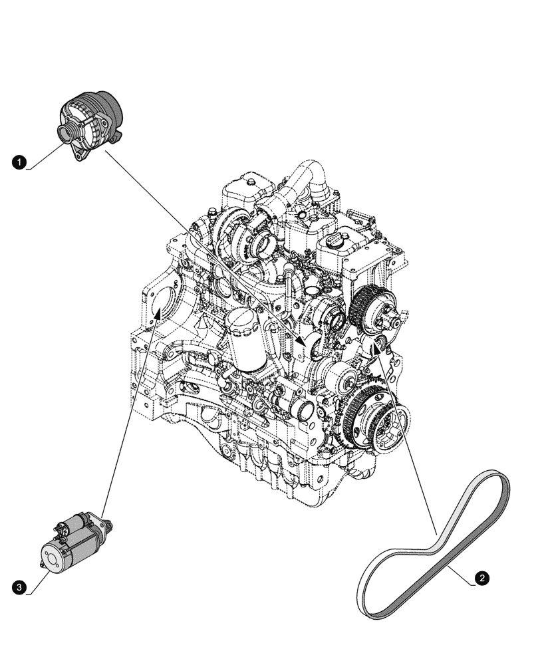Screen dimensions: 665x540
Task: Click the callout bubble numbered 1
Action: (20, 161)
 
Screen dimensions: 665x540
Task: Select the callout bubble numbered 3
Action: (20, 587)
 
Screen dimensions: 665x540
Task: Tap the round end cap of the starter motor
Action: (56, 555)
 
